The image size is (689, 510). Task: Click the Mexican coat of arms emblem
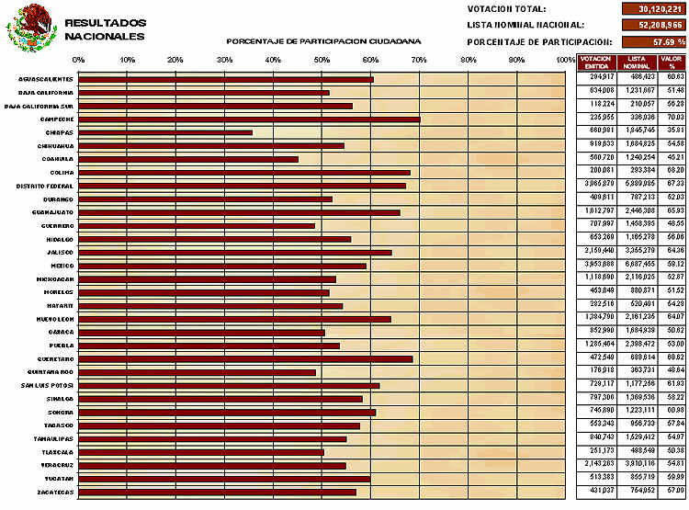tap(31, 28)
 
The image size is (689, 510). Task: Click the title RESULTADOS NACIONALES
tap(105, 28)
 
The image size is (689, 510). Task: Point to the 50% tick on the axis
tap(322, 60)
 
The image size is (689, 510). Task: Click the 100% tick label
tap(565, 60)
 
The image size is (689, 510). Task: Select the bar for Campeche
tap(249, 119)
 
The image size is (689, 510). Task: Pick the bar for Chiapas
tap(165, 132)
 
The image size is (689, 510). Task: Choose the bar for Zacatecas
tap(217, 492)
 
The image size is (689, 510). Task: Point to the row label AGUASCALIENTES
tap(46, 79)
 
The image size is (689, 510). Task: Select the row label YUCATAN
tap(56, 478)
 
